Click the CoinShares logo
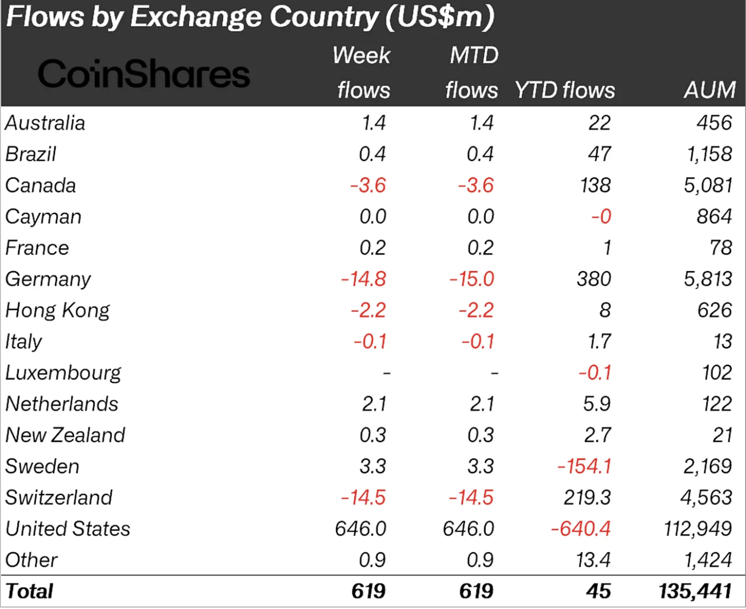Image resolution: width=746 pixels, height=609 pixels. coord(144,75)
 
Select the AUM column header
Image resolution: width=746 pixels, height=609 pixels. coord(709,90)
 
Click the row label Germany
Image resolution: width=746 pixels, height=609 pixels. coord(48,279)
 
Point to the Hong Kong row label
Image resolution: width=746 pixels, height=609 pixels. coord(58,311)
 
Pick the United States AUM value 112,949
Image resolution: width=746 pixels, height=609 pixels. coord(698,529)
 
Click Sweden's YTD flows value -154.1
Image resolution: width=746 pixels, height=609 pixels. coord(584,466)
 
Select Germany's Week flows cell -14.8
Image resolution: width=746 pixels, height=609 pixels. coord(364,279)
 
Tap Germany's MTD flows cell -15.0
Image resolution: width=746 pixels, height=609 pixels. coord(472,279)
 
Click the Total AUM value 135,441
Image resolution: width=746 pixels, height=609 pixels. coord(696,591)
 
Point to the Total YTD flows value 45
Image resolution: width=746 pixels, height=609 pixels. coord(598,591)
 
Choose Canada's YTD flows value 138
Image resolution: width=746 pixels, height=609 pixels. coord(596,185)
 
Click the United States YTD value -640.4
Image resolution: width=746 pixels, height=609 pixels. coord(581,529)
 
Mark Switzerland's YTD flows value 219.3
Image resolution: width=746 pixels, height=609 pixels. coord(587,498)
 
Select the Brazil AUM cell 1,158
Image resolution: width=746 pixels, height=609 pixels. coord(709,154)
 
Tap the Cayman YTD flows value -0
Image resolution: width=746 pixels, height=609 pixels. coord(601,217)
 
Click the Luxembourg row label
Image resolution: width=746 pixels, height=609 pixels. coord(63,373)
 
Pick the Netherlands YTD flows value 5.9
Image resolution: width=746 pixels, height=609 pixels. coord(597,404)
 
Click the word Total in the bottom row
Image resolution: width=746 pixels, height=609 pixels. coord(30,591)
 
